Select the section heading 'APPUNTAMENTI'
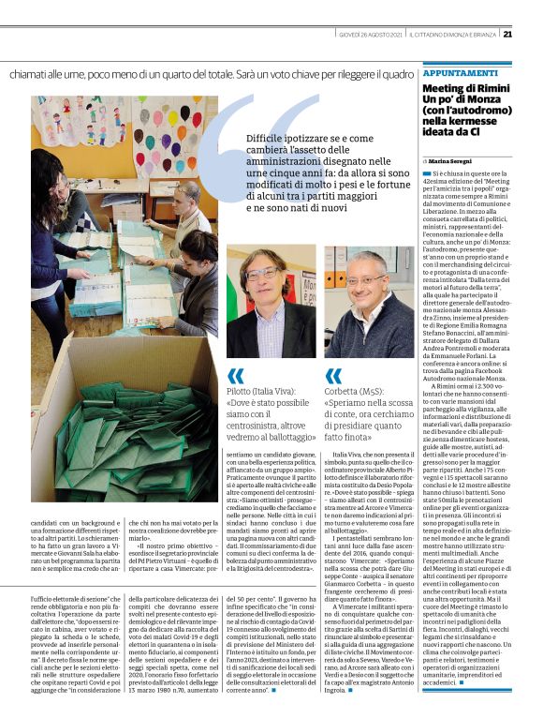pos(460,72)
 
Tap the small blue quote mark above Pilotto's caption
pos(235,377)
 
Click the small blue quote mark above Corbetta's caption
pos(333,377)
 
